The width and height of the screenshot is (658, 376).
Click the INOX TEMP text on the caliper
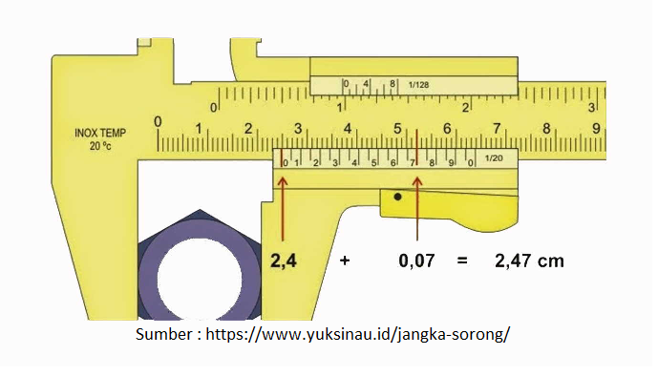point(100,133)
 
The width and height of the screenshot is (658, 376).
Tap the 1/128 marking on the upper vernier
point(419,85)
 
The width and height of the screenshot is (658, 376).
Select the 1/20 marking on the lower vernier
point(494,158)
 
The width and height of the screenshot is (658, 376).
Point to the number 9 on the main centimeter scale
point(596,128)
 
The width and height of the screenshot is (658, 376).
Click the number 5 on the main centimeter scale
point(397,128)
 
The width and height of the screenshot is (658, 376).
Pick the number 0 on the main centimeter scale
point(158,121)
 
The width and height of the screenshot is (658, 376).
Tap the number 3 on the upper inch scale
point(591,107)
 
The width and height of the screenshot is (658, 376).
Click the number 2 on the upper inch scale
point(465,107)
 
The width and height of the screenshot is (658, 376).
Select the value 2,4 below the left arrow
point(284,261)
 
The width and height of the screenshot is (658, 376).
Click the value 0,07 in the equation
point(416,261)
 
